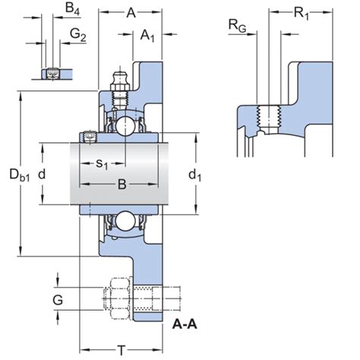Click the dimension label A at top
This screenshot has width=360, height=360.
(x=131, y=12)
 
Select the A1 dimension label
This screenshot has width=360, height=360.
(x=149, y=35)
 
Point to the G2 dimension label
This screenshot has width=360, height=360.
(x=78, y=34)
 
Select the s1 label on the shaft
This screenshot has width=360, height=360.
(x=103, y=164)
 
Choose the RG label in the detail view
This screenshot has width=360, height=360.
(x=238, y=27)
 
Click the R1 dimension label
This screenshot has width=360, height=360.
(x=302, y=13)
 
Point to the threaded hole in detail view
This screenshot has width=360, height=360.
(x=267, y=118)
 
